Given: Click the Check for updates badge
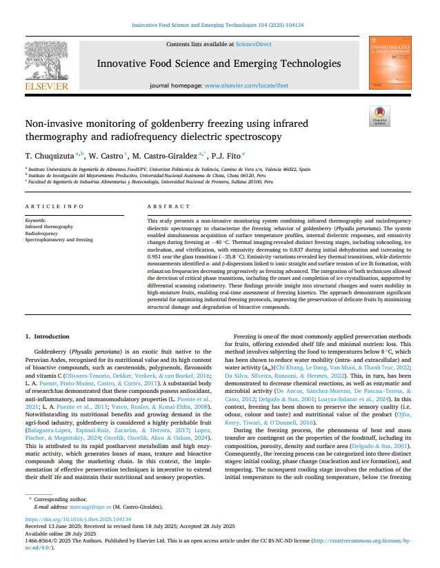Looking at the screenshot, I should click(379, 116).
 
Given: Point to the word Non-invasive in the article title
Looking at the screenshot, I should click(54, 125).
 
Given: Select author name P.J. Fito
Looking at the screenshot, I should click(222, 156).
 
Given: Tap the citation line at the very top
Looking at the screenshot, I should click(219, 26).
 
